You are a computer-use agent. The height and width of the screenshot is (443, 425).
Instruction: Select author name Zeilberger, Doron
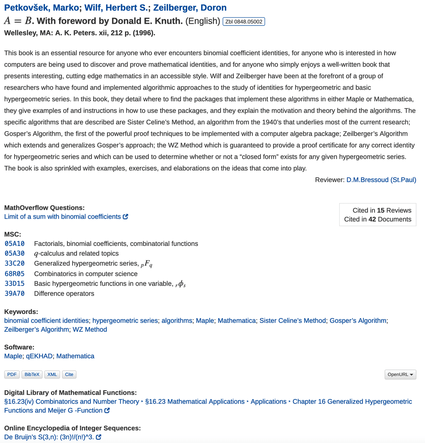(x=190, y=8)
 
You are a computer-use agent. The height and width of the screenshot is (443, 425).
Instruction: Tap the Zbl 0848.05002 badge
(x=244, y=22)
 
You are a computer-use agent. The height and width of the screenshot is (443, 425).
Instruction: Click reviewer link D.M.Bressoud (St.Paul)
(x=381, y=180)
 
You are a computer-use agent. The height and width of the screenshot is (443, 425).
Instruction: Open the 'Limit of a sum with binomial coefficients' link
(x=63, y=217)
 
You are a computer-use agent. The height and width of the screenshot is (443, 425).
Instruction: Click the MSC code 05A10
(x=15, y=244)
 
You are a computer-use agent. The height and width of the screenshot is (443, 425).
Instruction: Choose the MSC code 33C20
(x=15, y=263)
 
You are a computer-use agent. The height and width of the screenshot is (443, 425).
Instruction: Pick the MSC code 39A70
(x=15, y=293)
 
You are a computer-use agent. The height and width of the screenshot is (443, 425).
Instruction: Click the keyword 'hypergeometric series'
(x=125, y=320)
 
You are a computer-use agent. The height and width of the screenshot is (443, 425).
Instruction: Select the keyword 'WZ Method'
(x=90, y=329)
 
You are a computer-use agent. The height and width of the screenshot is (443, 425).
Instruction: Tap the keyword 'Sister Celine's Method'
(x=293, y=320)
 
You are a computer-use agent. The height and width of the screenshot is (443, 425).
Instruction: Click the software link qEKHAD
(x=39, y=356)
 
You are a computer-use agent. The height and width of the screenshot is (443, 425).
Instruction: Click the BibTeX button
(x=32, y=374)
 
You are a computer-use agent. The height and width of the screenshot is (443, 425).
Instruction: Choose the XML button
(x=52, y=374)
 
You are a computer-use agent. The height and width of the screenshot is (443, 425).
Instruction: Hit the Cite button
(x=69, y=374)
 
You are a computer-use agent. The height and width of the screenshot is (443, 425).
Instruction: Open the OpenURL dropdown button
(x=400, y=374)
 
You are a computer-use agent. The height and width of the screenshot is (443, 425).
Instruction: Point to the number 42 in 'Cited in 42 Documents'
(x=372, y=219)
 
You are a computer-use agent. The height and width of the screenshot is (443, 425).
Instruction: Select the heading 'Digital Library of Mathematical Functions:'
(x=70, y=393)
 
